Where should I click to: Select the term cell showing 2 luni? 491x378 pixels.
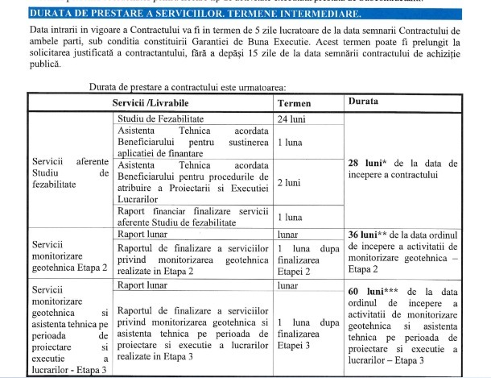coord(290,182)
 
